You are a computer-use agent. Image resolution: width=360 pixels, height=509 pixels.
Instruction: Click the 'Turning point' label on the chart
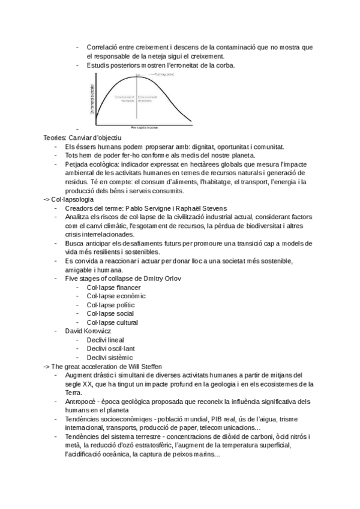[x=165, y=74]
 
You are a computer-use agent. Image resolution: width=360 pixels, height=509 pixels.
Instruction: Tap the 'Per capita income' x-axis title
[x=145, y=127]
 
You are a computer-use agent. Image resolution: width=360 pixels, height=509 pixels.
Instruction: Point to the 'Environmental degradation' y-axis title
[x=93, y=98]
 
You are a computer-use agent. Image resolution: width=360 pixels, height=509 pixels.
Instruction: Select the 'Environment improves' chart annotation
[x=148, y=98]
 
